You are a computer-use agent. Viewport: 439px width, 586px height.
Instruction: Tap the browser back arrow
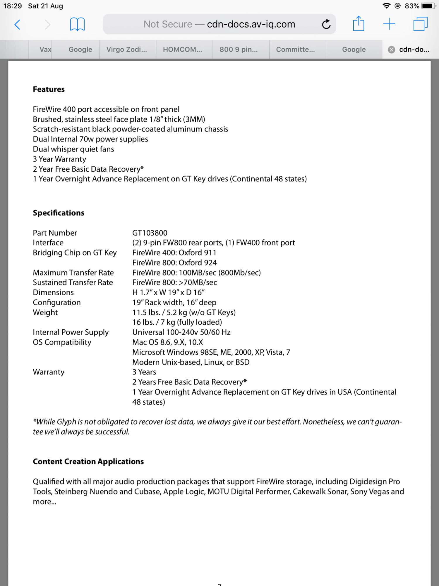point(18,24)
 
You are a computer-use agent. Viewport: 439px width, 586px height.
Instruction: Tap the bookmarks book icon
point(77,24)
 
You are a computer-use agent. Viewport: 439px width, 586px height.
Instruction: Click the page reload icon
point(326,24)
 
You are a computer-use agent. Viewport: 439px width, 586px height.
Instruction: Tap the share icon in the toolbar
point(359,24)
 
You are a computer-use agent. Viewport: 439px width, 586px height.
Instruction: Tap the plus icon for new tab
point(389,24)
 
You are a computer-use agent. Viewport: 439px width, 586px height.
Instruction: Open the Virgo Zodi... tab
point(126,50)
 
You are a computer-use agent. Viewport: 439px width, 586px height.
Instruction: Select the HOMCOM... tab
point(182,50)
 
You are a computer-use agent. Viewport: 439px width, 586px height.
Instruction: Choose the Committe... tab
point(295,50)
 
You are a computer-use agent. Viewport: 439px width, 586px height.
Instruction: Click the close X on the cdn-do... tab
point(391,50)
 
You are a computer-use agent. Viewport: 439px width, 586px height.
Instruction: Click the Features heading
point(49,89)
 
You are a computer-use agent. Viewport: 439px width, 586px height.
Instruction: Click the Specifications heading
point(59,213)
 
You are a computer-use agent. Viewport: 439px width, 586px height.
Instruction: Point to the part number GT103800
point(150,233)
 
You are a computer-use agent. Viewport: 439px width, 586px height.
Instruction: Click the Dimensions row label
point(53,292)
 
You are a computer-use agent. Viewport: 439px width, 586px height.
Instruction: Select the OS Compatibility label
point(62,342)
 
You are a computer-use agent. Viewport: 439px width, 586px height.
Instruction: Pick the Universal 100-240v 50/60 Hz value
point(181,332)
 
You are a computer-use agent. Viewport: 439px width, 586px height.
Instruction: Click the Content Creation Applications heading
point(88,461)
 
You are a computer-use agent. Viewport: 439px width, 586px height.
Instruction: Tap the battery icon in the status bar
point(428,6)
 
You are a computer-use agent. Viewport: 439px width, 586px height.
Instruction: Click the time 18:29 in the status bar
point(13,6)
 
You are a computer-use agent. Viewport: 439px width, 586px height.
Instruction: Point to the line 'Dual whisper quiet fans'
point(73,149)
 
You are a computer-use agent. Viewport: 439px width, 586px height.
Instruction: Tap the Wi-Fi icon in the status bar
point(386,6)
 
